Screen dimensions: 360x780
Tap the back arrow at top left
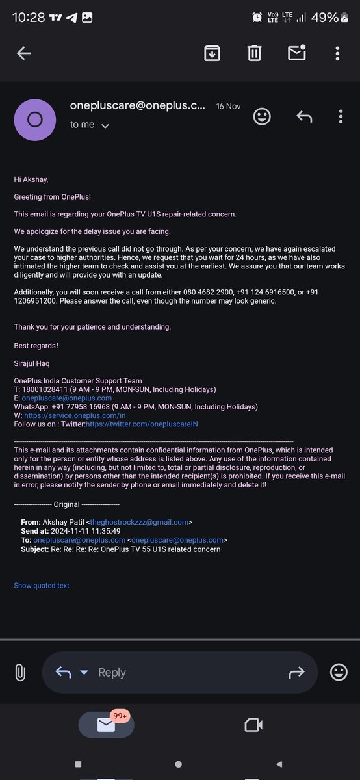point(24,54)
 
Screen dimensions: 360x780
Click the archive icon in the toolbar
point(212,53)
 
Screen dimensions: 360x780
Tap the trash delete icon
point(254,53)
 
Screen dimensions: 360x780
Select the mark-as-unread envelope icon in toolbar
point(297,53)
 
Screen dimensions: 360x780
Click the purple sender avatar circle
point(34,120)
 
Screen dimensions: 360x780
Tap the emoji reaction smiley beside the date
point(262,116)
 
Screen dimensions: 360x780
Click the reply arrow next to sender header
point(303,116)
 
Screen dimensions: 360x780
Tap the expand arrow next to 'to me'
point(105,125)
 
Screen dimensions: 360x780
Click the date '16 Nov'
point(228,106)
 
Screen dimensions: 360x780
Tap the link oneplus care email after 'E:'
point(66,398)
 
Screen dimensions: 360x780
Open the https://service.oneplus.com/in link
point(75,415)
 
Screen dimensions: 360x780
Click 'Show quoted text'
point(42,586)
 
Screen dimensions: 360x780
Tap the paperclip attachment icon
point(19,672)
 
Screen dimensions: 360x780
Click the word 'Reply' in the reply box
point(112,673)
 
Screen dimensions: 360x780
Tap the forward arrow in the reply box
point(296,673)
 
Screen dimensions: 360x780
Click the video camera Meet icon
point(253,724)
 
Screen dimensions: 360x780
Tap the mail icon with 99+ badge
point(106,724)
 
